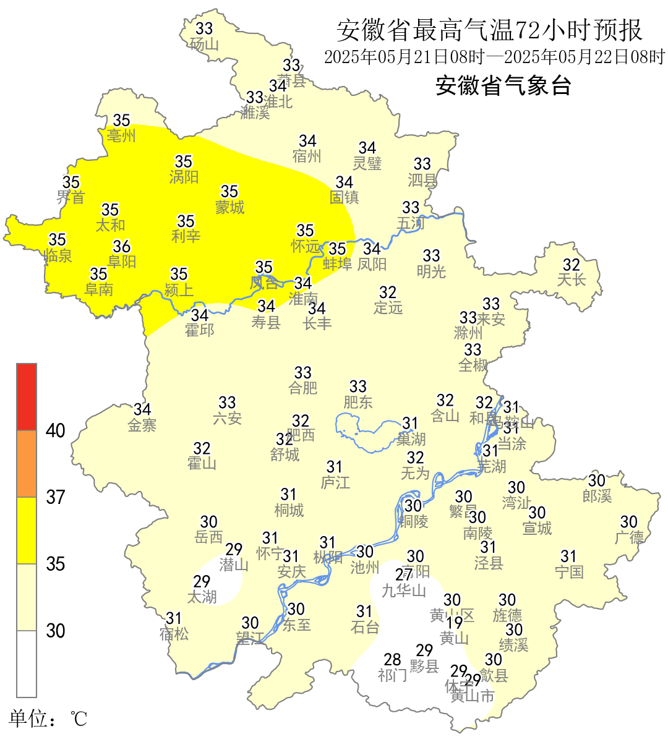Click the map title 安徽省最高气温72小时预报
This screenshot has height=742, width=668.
pos(489,30)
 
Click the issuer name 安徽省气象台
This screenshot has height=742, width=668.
pos(503,85)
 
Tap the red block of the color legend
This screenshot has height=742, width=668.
pos(27,397)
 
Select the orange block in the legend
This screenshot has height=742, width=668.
pos(27,464)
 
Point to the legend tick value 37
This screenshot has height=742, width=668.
pos(56,497)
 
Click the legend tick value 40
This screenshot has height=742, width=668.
pos(56,430)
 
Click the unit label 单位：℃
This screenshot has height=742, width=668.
pos(48,719)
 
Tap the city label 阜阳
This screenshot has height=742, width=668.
pos(122,262)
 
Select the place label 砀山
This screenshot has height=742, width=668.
pos(204,44)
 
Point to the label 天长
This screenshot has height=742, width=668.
pos(572,280)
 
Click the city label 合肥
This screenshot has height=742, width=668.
pos(303,388)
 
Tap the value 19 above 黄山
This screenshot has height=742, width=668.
pos(455,623)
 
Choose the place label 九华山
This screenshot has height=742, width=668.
pos(404,591)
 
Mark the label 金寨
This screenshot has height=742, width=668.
pos(142,425)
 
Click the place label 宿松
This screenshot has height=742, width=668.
pos(174,634)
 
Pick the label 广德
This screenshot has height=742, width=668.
pos(629,537)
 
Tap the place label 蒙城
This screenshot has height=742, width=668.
pos(229,207)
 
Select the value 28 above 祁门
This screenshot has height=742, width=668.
pos(393,659)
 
